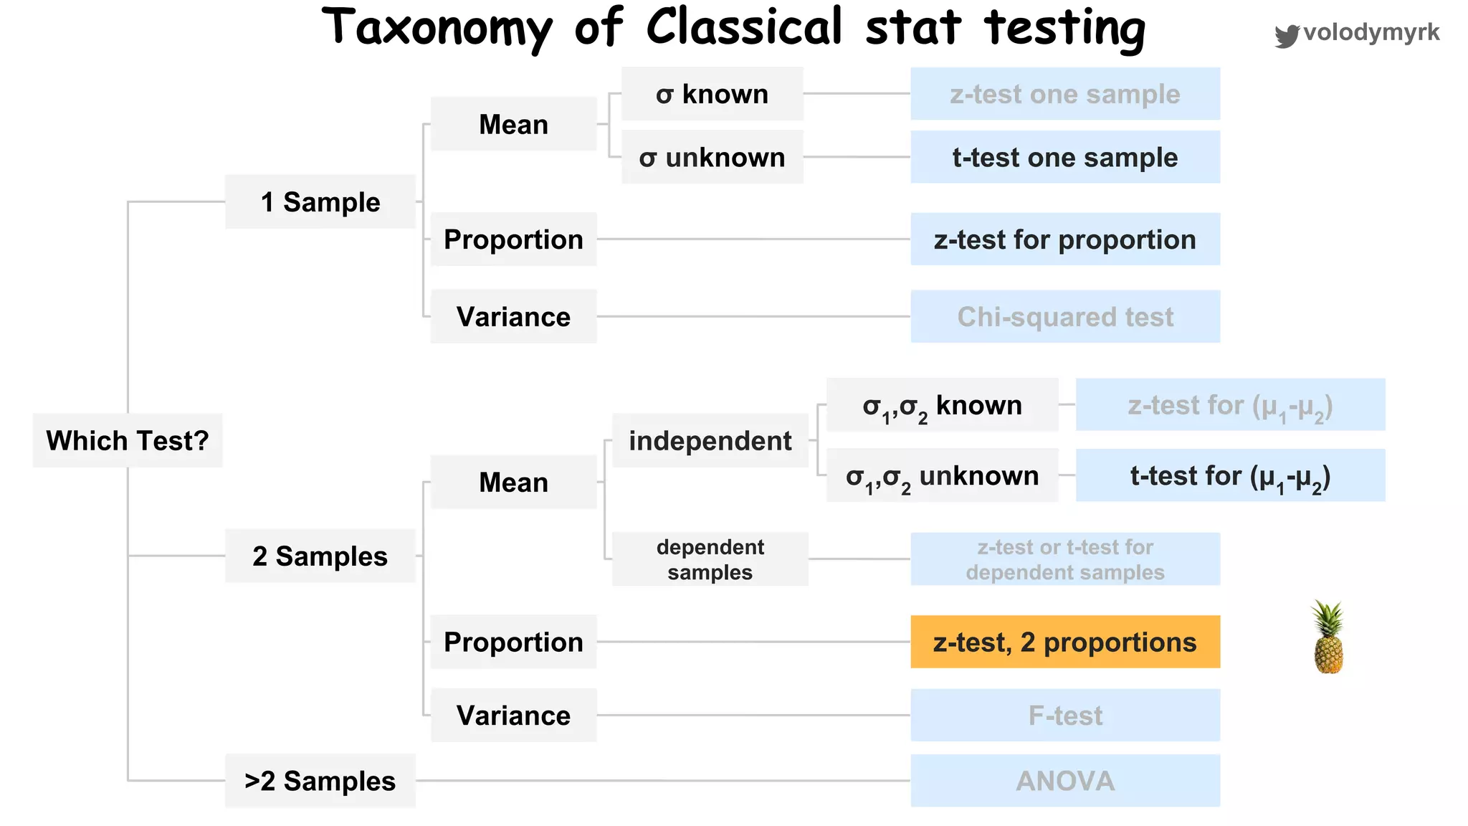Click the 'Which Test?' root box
coord(128,440)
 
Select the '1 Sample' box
coord(320,202)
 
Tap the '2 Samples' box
coord(320,556)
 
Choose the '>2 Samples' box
coord(320,781)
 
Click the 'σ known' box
coord(712,94)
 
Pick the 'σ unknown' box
coord(712,157)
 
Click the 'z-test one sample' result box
coord(1065,94)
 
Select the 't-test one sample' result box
coord(1065,157)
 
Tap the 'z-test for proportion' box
coord(1065,239)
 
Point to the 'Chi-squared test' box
coord(1065,316)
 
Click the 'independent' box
coord(710,440)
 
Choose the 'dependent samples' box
coord(710,559)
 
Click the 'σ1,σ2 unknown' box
coord(942,475)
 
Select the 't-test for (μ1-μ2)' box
coord(1230,475)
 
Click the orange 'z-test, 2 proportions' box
coord(1065,642)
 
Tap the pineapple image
coord(1328,638)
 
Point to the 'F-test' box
coord(1065,715)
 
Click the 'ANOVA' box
coord(1065,781)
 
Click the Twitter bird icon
coord(1287,35)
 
